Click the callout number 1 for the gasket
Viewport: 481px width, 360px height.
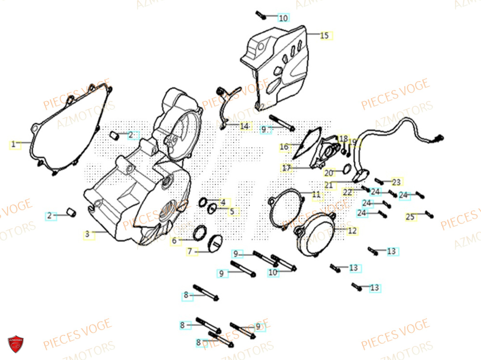13,143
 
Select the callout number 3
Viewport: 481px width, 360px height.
87,234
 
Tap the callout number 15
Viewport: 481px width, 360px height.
324,36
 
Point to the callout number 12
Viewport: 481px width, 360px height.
352,231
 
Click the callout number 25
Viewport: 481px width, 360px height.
410,218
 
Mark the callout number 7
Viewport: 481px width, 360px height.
190,251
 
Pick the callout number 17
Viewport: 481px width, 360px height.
287,168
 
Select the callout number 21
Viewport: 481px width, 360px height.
329,185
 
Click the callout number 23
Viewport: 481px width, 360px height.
396,182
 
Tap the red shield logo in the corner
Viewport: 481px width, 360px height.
15,344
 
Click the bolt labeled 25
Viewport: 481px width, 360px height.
429,214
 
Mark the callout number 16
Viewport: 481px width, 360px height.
284,146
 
